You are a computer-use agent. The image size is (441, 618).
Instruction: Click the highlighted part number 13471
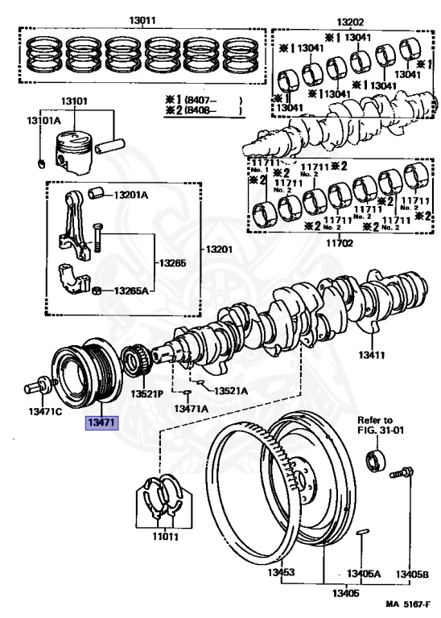point(102,423)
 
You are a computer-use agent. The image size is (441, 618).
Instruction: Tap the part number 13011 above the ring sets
point(142,20)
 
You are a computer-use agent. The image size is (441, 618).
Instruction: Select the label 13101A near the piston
point(43,121)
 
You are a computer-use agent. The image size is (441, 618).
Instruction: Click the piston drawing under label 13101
point(74,152)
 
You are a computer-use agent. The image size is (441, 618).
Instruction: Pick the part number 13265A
point(131,290)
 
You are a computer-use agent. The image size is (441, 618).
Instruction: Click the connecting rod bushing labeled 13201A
point(97,193)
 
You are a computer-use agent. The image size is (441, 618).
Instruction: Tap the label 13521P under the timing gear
point(146,393)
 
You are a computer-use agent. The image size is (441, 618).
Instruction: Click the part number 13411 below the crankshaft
point(372,355)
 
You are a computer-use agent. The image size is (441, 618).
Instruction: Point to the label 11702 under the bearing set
point(340,243)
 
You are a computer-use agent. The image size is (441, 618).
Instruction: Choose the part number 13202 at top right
point(350,22)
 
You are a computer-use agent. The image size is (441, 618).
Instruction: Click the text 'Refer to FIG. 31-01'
point(381,425)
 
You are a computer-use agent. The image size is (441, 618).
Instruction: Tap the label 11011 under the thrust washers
point(166,537)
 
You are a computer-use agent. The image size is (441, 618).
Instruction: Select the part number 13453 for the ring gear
point(281,572)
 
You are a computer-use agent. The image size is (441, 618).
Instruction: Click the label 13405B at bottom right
point(412,575)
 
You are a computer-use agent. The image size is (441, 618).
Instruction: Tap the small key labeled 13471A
point(188,392)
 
